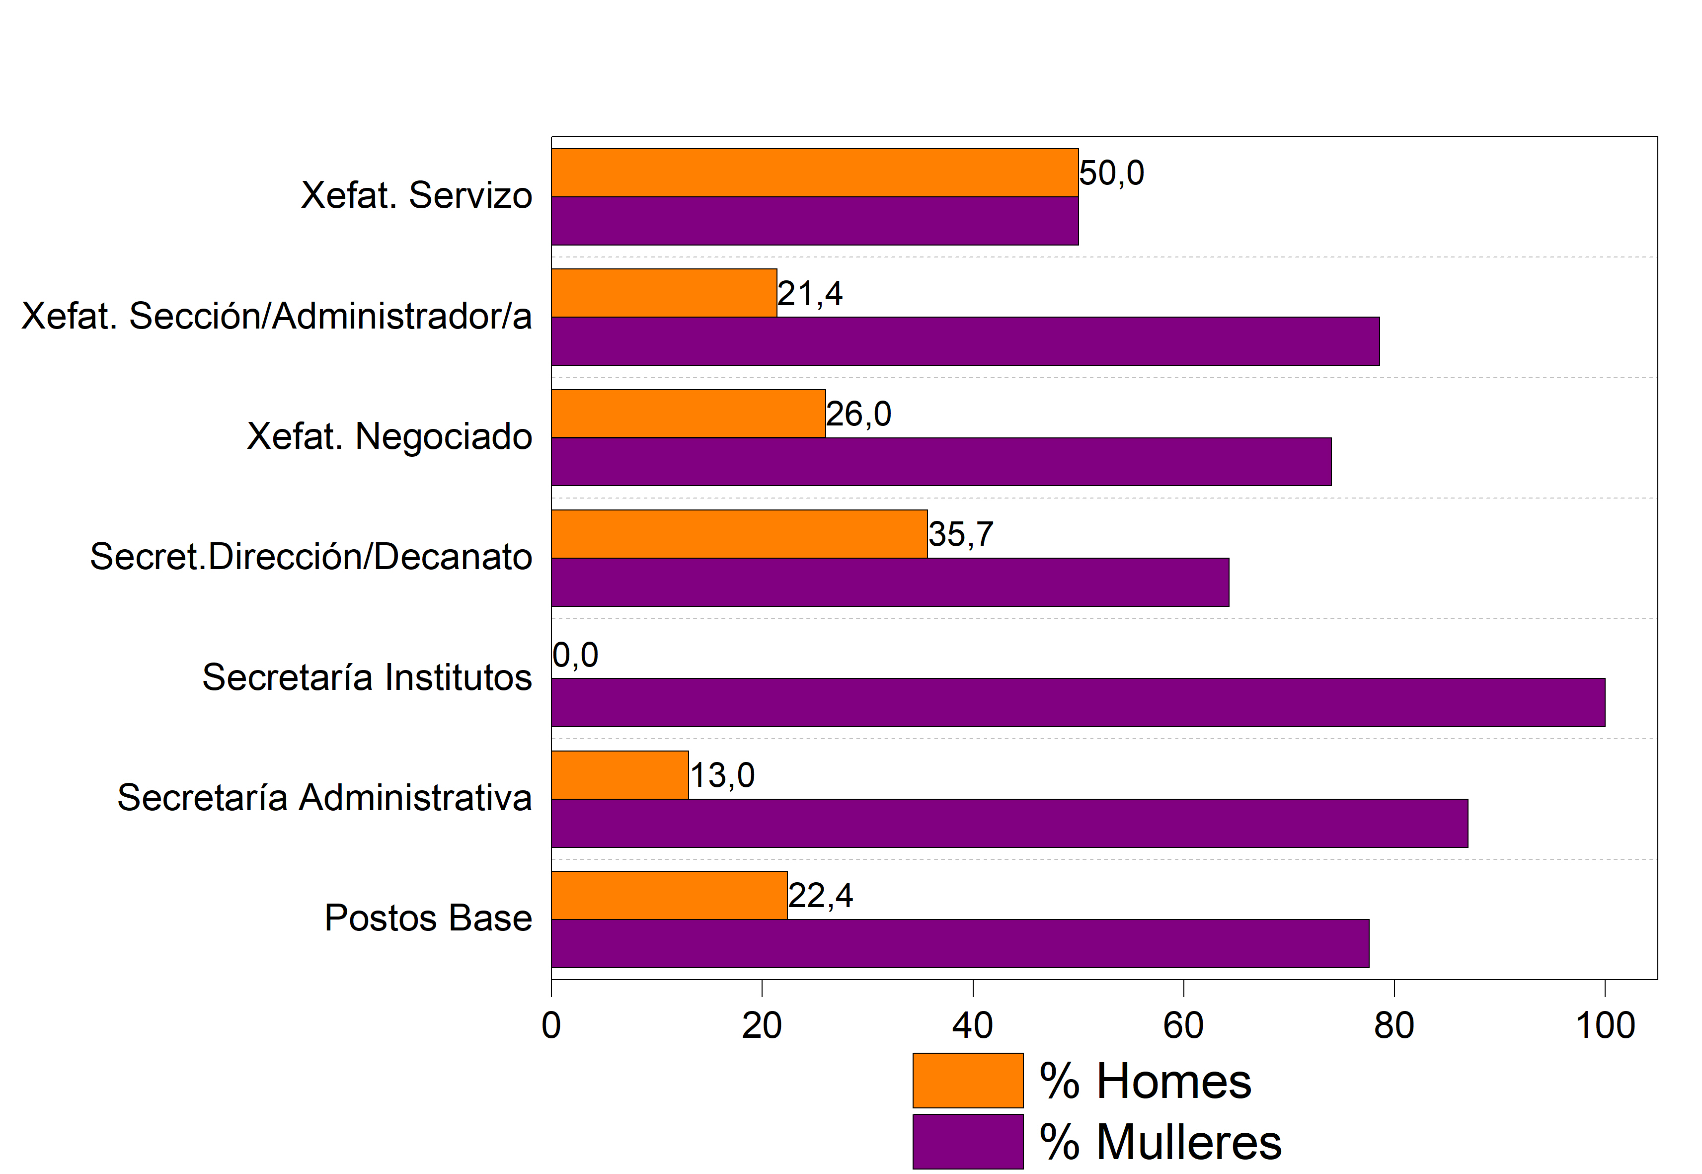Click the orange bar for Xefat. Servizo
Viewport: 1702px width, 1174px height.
click(815, 173)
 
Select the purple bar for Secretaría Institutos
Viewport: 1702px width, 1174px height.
click(1078, 702)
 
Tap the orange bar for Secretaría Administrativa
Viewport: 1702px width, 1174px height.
click(620, 774)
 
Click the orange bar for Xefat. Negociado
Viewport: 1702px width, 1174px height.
click(688, 414)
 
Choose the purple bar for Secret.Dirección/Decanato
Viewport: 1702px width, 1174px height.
click(890, 582)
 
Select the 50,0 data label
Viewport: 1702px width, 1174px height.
click(1112, 173)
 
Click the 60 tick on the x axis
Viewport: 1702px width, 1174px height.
click(1183, 1025)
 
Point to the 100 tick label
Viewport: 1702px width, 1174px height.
click(1605, 1025)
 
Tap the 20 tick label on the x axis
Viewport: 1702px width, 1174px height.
click(762, 1025)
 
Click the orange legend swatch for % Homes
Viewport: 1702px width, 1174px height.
click(968, 1081)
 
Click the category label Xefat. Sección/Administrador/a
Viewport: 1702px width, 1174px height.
click(276, 316)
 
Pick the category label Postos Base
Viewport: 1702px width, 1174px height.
click(428, 918)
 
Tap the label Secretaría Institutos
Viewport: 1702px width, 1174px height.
click(367, 677)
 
